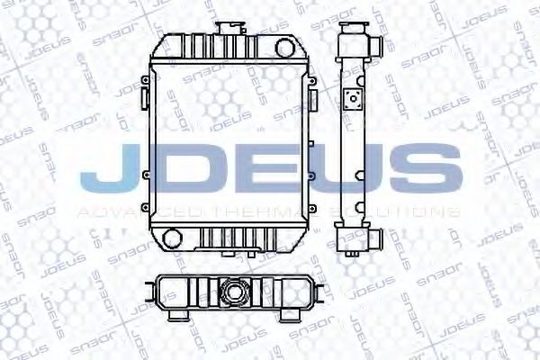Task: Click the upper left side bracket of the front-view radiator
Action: point(144,89)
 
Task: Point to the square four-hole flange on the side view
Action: point(354,98)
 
